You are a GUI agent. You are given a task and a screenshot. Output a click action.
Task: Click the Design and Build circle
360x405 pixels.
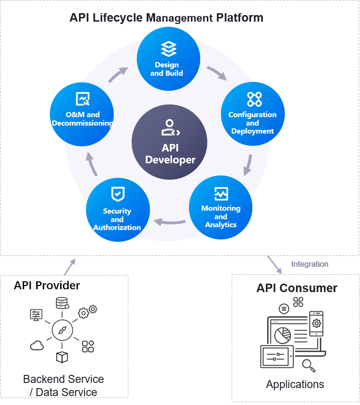[x=168, y=59]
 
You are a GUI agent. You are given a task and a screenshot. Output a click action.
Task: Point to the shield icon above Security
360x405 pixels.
[x=117, y=194]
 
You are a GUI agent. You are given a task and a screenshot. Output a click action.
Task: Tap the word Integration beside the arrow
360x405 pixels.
[x=309, y=264]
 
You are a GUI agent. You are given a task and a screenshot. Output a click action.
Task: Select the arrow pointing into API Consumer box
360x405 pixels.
[x=274, y=265]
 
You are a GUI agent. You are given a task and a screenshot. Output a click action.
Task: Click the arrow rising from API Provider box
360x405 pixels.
[x=70, y=267]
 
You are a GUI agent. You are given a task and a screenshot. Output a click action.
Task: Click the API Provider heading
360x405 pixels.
[x=47, y=286]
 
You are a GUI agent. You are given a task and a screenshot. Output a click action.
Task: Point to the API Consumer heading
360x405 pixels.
[x=297, y=288]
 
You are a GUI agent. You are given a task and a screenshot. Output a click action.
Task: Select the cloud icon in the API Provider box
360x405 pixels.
[x=37, y=346]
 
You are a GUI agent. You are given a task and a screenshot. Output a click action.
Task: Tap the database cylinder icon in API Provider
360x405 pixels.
[x=61, y=303]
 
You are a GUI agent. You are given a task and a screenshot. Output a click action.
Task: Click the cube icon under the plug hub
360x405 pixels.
[x=62, y=357]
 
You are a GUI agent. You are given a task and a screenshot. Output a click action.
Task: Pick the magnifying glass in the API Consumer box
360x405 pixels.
[x=308, y=365]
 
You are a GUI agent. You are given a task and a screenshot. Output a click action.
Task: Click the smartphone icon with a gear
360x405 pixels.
[x=316, y=323]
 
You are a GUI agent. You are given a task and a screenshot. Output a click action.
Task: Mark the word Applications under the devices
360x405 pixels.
[x=295, y=384]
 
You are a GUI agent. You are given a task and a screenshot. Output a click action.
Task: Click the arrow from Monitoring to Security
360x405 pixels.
[x=170, y=221]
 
